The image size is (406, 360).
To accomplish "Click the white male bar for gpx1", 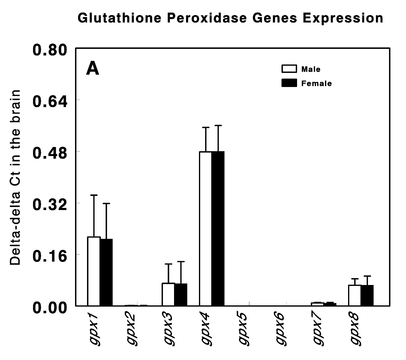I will click(94, 271).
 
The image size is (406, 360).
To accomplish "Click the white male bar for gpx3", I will click(168, 294).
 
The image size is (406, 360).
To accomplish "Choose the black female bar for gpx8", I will click(367, 295).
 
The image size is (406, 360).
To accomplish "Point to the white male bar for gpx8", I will click(355, 295).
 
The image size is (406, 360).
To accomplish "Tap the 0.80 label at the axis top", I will click(50, 49).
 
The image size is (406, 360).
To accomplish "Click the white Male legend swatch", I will click(289, 69).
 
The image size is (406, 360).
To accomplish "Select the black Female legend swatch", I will click(289, 83).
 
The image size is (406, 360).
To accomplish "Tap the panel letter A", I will click(92, 69).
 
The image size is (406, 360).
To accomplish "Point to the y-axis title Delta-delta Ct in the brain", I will click(16, 177).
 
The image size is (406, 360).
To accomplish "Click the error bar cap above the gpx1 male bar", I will click(94, 195).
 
